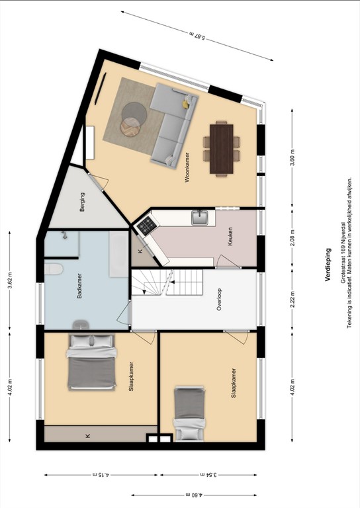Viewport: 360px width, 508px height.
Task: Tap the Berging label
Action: click(x=82, y=199)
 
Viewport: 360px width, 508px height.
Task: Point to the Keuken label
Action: click(x=230, y=237)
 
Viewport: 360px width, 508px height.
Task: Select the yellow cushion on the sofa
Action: click(x=187, y=103)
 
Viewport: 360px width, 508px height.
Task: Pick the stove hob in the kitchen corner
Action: click(x=145, y=227)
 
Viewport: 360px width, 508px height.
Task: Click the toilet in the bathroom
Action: click(x=53, y=269)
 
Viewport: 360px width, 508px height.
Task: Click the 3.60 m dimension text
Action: click(x=292, y=158)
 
